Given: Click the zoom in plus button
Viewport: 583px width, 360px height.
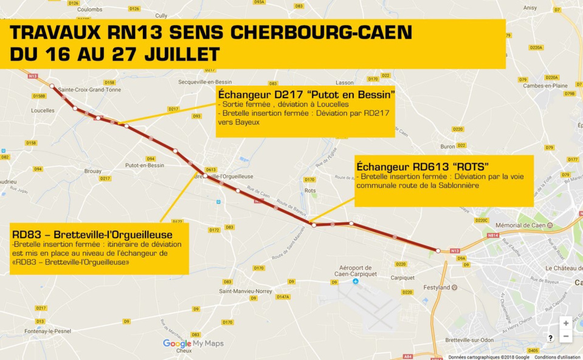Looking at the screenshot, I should (566, 324).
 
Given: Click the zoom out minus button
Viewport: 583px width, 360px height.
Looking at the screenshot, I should (566, 336).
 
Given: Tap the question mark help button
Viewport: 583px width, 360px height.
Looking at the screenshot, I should (550, 338).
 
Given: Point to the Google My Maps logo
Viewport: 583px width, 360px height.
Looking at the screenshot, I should (193, 344).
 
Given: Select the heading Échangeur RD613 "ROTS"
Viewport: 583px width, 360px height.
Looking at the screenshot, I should (423, 166).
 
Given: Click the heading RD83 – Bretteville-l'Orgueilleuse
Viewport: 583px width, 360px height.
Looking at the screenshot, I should (92, 234).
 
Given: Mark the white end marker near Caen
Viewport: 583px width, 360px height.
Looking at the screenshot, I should (438, 250).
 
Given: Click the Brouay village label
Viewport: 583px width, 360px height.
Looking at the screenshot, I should (92, 171).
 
